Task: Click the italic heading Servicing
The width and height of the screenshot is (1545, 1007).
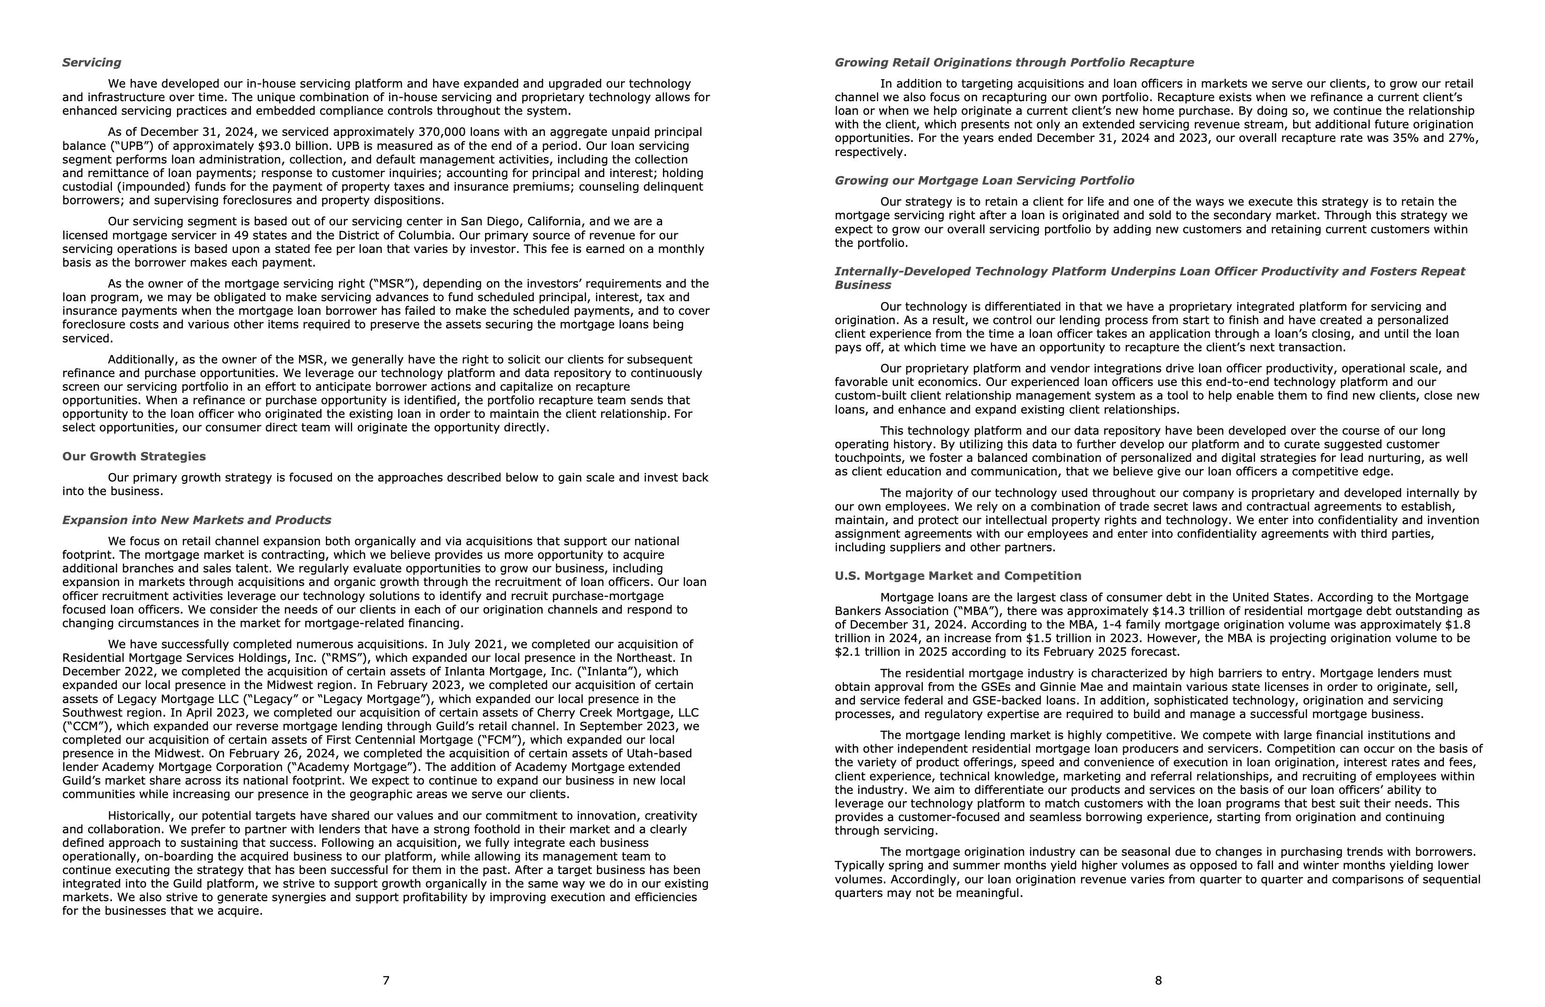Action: pos(92,62)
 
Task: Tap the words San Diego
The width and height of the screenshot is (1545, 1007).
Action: pos(487,222)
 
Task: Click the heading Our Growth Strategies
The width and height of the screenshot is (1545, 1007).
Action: pos(134,457)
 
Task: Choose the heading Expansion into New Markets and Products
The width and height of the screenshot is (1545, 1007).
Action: pos(196,520)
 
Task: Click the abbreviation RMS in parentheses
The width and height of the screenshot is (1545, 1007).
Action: pos(343,658)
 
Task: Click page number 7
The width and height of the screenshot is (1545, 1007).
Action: pos(386,980)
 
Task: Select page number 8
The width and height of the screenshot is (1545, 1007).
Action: pos(1158,980)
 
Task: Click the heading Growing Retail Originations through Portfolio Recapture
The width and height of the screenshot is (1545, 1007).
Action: pos(1014,62)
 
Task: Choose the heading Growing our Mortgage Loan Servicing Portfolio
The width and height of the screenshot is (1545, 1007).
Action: pos(984,180)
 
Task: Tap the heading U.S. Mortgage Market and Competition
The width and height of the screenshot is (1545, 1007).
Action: pos(957,576)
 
